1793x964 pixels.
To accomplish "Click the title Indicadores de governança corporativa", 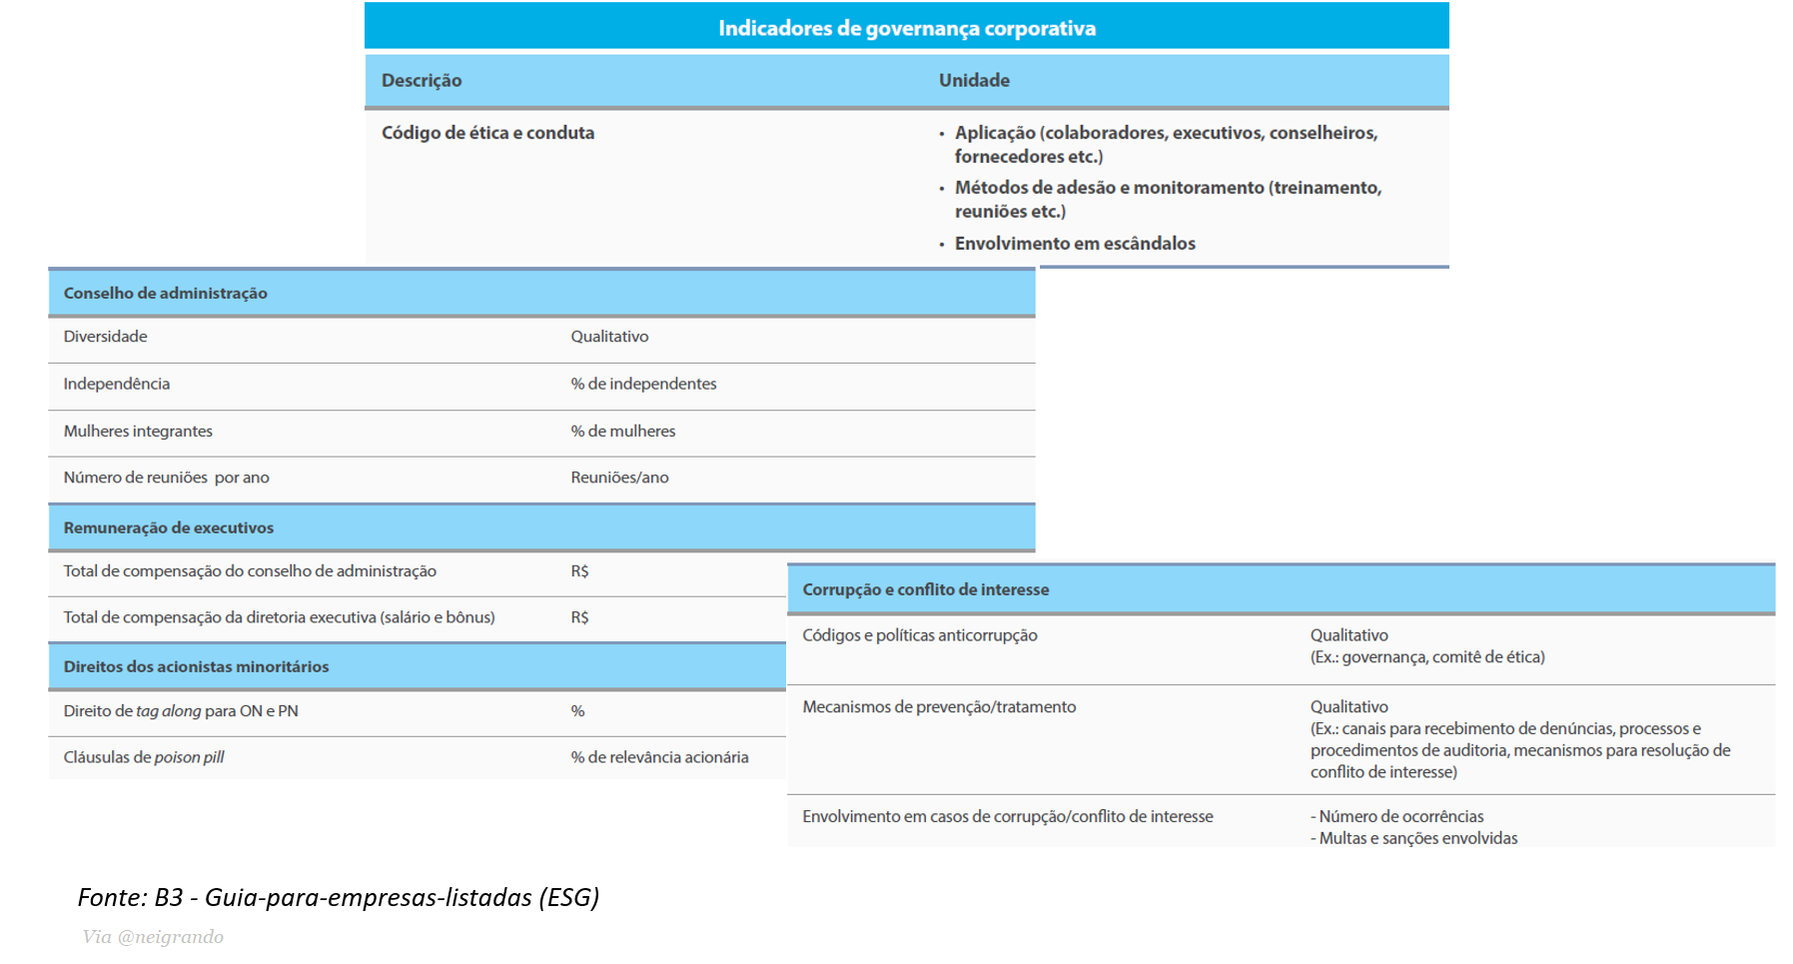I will pos(906,28).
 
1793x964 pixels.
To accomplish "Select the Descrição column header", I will pos(422,80).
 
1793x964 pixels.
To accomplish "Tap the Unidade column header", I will pos(974,80).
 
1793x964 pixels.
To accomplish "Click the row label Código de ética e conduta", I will pos(487,133).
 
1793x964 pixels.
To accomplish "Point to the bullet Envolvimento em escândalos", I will pos(1075,244).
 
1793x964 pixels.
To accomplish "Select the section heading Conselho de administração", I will pos(166,293).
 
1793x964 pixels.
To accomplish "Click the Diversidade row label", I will pos(106,337).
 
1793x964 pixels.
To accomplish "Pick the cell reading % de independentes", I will pos(643,384).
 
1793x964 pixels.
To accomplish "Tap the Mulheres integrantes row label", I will pos(138,431).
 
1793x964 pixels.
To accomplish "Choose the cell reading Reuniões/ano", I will pos(619,478).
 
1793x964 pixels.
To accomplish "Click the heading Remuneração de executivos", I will pos(169,527).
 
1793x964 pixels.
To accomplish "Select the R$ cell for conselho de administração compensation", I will pos(579,571).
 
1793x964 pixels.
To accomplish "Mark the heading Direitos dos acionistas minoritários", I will pos(196,666).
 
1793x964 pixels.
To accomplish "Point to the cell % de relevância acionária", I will pos(659,757).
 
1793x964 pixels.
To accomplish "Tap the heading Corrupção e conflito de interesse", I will pos(925,589).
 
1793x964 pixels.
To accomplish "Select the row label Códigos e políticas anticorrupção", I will pos(920,635).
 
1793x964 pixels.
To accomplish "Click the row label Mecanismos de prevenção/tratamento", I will pos(939,707).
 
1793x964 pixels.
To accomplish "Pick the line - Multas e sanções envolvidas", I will pos(1413,838).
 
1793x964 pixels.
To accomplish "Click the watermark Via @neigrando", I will pos(153,937).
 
